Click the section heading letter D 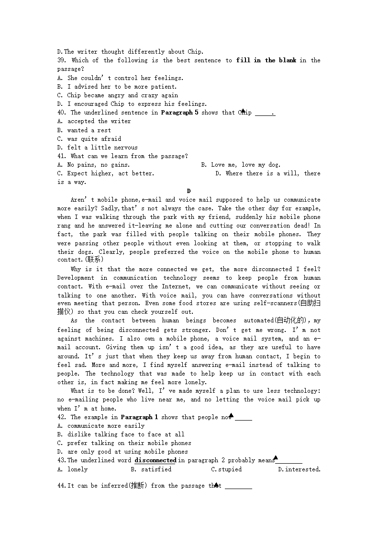pyautogui.click(x=189, y=191)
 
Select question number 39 pyautogui.click(x=62, y=60)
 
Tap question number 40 pyautogui.click(x=62, y=113)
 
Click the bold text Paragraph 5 pyautogui.click(x=179, y=113)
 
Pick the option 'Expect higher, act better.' pyautogui.click(x=111, y=173)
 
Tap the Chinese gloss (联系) pyautogui.click(x=92, y=260)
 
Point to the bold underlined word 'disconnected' pyautogui.click(x=155, y=460)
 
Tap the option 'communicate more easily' pyautogui.click(x=106, y=426)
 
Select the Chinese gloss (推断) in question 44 pyautogui.click(x=139, y=486)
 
